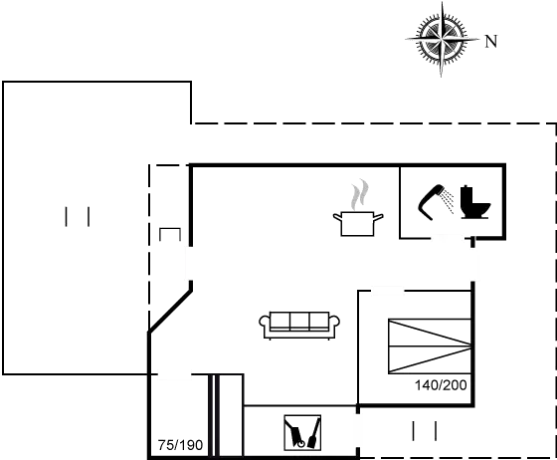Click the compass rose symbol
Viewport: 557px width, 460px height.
(x=442, y=39)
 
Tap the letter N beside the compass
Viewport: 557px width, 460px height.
(x=491, y=42)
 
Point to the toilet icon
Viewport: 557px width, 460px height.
(x=475, y=202)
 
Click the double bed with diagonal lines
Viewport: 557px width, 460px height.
(x=430, y=346)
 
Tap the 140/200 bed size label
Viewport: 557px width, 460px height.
(x=441, y=385)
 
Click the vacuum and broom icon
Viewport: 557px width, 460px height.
(x=302, y=433)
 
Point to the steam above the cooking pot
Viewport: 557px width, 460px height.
(x=359, y=195)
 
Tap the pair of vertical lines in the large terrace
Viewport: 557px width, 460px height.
(x=78, y=217)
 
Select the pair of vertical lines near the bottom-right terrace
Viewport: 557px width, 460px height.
(x=425, y=431)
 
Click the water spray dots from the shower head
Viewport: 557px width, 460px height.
(x=448, y=201)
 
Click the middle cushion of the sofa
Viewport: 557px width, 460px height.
(x=299, y=322)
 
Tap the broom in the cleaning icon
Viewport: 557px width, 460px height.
(x=314, y=433)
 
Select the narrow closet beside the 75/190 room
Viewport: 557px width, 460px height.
(x=230, y=415)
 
